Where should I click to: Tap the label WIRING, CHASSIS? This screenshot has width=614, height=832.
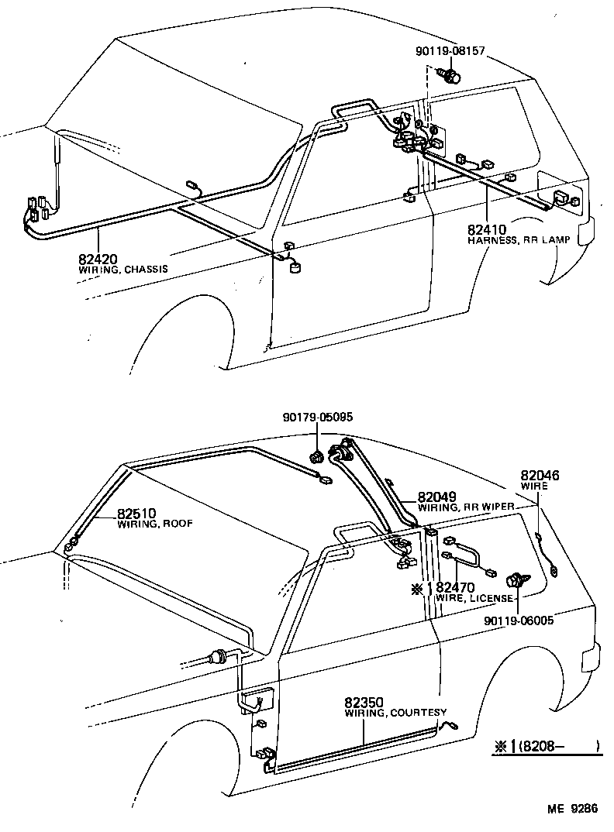(x=122, y=270)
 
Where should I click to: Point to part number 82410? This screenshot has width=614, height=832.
(x=486, y=230)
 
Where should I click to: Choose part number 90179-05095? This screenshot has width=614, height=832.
(x=317, y=417)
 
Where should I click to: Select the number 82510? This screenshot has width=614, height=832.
(x=136, y=513)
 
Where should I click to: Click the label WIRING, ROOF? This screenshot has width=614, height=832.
(x=154, y=524)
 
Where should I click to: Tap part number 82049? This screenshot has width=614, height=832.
(x=436, y=497)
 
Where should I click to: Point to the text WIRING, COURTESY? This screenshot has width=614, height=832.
(x=395, y=712)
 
